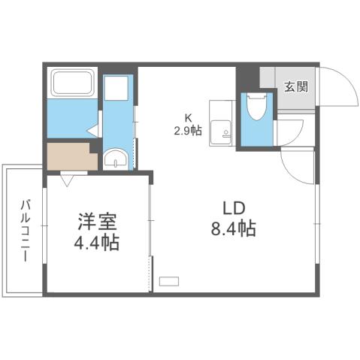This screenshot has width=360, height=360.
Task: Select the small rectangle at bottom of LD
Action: [x=170, y=281]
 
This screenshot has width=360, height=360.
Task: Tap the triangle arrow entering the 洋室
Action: [x=68, y=180]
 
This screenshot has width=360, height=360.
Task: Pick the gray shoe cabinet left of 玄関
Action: [x=269, y=78]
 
